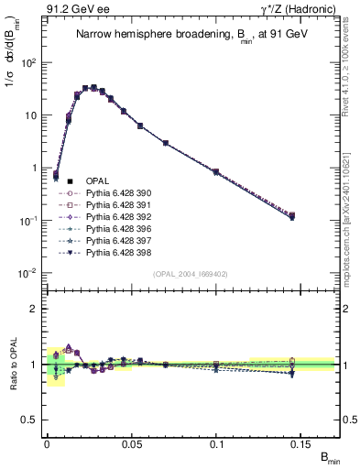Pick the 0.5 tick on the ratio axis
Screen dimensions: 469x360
pyautogui.click(x=31, y=420)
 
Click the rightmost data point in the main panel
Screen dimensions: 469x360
pyautogui.click(x=291, y=216)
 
